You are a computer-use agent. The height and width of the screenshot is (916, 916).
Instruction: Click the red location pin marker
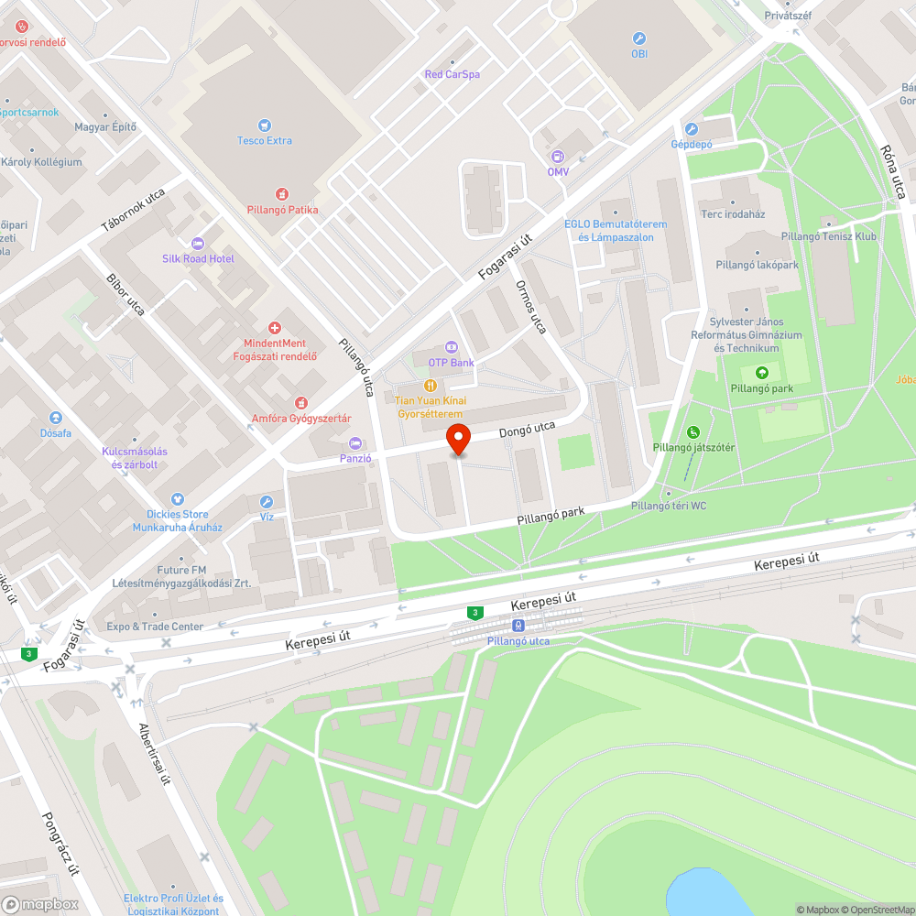pos(457,439)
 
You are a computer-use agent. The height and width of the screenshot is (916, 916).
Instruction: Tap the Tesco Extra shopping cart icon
pos(265,125)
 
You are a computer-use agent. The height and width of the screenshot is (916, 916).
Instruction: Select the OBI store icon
pos(639,38)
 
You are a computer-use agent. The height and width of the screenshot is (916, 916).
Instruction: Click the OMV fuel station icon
pos(558,157)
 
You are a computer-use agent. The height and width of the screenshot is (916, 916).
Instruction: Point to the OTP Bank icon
pos(450,347)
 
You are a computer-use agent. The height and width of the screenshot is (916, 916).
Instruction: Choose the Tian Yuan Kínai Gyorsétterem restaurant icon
pos(431,386)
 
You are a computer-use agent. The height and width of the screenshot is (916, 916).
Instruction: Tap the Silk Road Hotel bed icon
pos(198,243)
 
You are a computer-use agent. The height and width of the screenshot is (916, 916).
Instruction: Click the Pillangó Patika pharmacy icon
pos(282,194)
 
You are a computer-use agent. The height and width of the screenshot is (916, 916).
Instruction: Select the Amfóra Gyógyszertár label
pos(301,419)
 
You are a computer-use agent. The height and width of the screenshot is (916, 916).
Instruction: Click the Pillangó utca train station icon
pos(518,625)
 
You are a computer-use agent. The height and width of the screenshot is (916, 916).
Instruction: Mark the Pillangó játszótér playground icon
pos(693,432)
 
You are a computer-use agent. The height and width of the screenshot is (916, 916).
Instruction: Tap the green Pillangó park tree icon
pos(761,372)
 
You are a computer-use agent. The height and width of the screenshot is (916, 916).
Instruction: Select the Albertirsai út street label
pos(153,753)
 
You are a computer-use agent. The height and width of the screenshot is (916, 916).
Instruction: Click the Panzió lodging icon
pos(355,443)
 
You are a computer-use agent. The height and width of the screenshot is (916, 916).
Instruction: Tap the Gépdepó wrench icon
pos(692,129)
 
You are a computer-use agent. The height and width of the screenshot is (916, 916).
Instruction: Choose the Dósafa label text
pos(55,432)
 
